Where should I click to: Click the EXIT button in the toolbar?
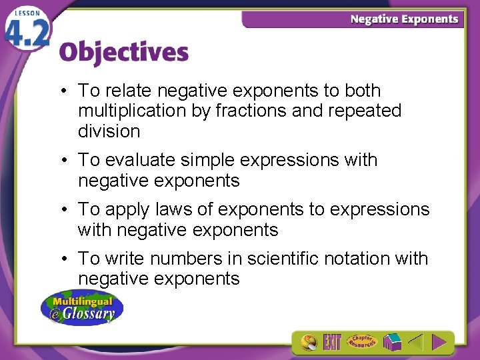click(x=332, y=343)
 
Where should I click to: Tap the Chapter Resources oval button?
click(x=361, y=343)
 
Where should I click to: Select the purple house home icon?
click(x=393, y=343)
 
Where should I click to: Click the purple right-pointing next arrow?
click(x=439, y=343)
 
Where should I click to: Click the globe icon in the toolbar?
click(x=309, y=343)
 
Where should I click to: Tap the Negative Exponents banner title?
click(x=404, y=19)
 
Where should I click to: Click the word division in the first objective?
click(x=109, y=131)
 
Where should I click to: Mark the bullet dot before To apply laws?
click(x=67, y=209)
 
